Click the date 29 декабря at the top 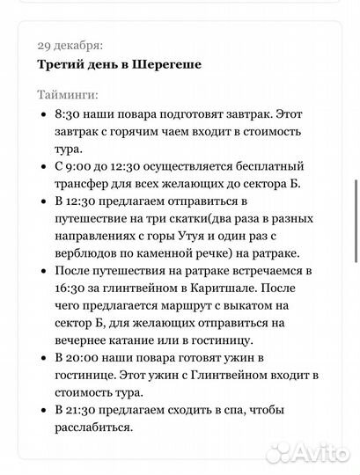click(x=70, y=44)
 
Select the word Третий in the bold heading click(x=64, y=64)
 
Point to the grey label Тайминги click(x=68, y=94)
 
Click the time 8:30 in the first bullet click(x=69, y=114)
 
